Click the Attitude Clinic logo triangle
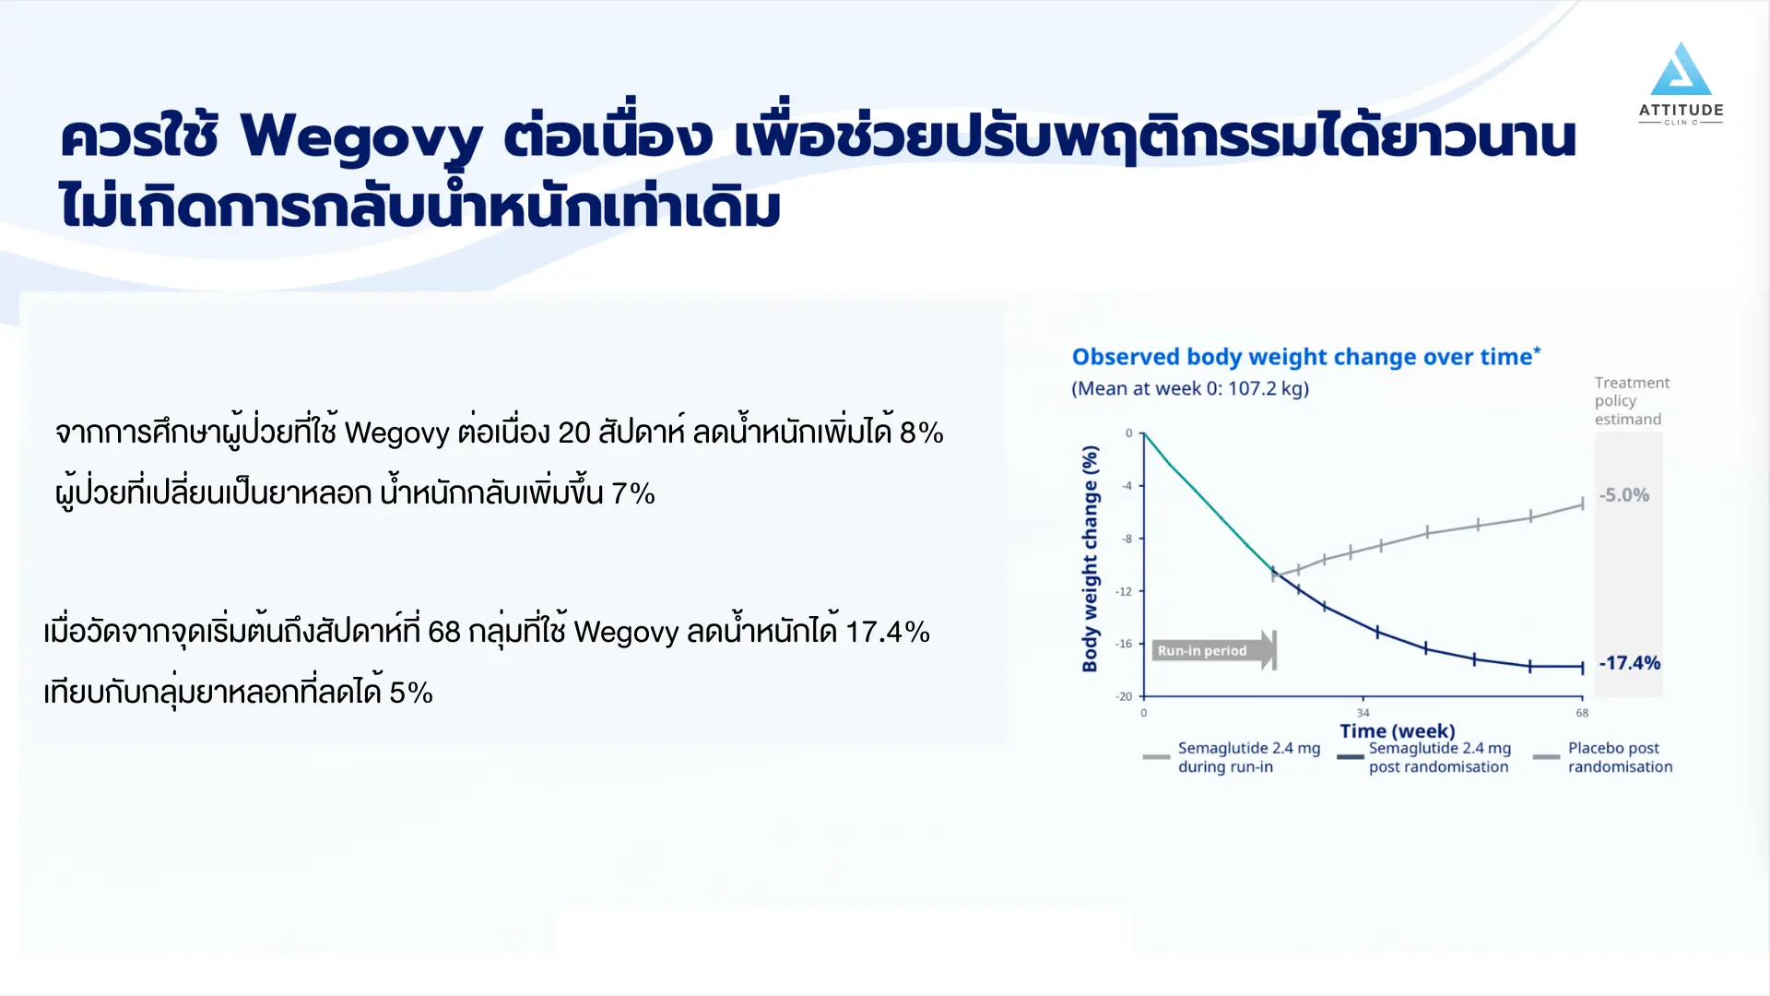click(x=1681, y=69)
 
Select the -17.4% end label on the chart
click(x=1629, y=663)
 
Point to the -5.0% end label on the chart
click(x=1623, y=495)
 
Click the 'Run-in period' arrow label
click(x=1214, y=650)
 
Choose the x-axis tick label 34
click(x=1363, y=713)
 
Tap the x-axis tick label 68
click(x=1582, y=713)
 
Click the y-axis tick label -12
click(x=1124, y=591)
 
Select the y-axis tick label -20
click(x=1124, y=696)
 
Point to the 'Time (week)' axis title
click(x=1398, y=731)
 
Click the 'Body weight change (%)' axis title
click(x=1090, y=559)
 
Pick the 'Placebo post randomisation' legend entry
click(x=1603, y=757)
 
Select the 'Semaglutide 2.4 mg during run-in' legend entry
click(x=1232, y=757)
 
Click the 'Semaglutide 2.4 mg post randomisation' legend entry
click(x=1425, y=757)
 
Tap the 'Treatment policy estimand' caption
click(x=1632, y=401)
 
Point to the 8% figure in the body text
click(x=922, y=433)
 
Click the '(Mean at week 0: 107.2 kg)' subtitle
click(x=1190, y=389)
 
